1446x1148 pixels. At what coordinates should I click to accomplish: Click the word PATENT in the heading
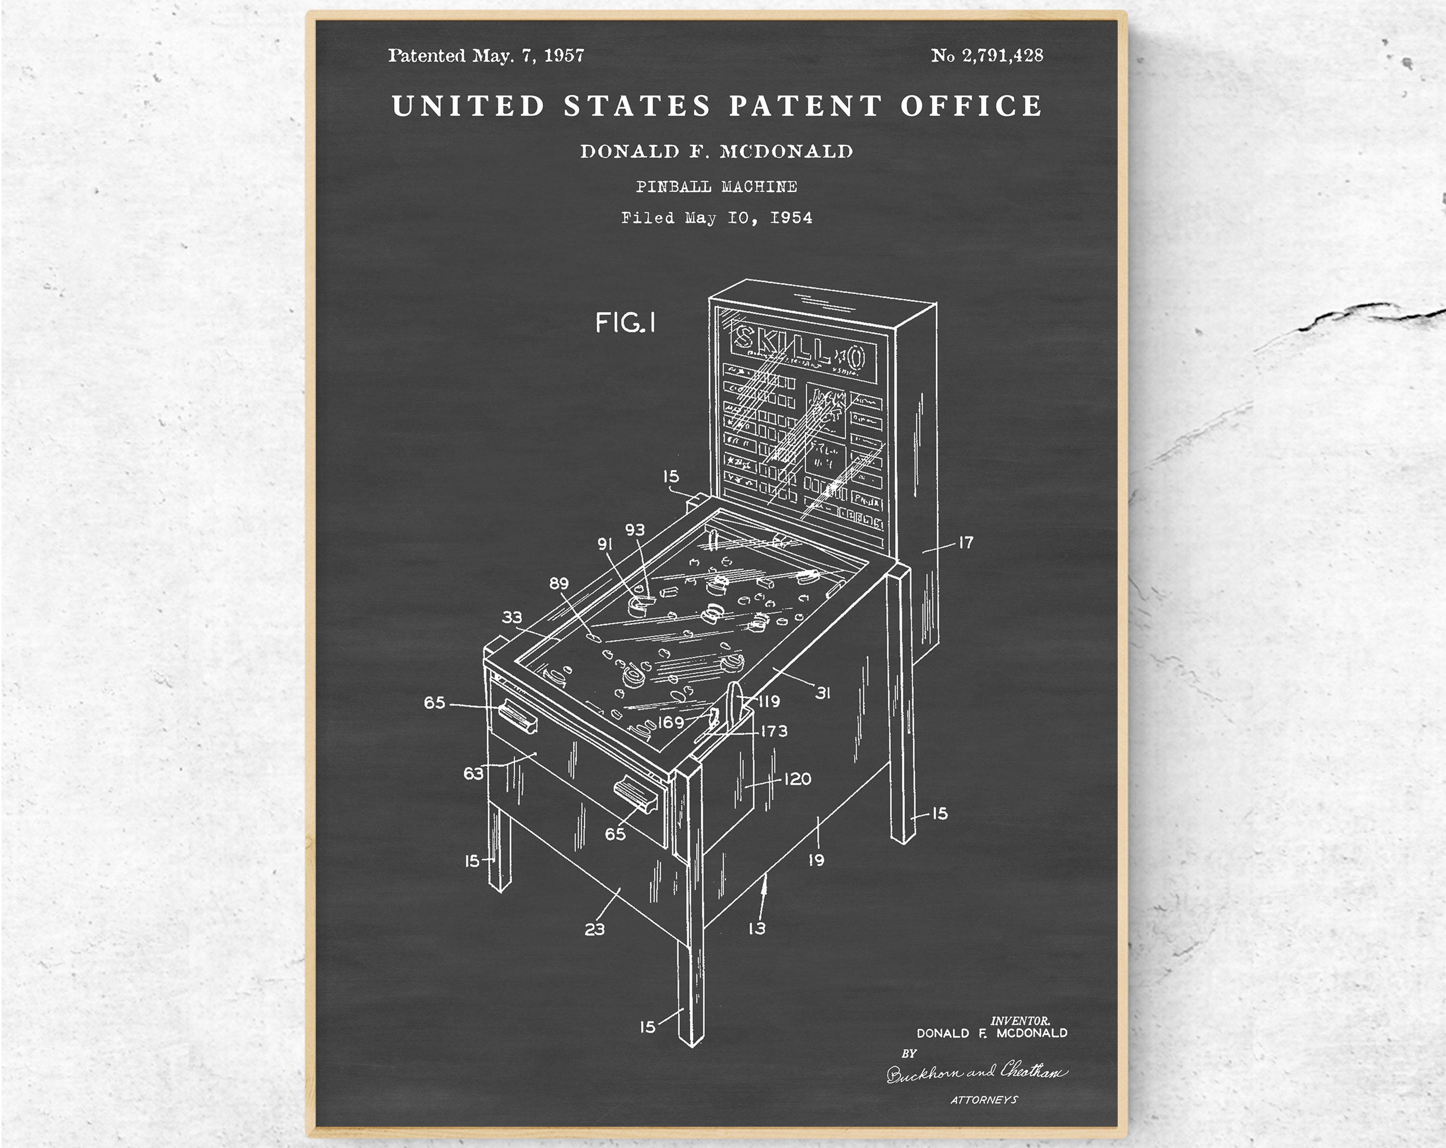point(805,106)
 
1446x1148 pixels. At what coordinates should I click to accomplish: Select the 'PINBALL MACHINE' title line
point(716,187)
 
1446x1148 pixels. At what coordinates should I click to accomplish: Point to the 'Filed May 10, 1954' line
point(716,218)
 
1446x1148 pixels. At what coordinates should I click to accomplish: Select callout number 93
point(634,530)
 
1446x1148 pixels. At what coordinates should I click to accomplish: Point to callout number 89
point(559,583)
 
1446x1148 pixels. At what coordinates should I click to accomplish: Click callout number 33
point(512,617)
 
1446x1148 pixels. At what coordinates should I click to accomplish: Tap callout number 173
point(774,731)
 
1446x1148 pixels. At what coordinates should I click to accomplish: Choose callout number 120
point(797,778)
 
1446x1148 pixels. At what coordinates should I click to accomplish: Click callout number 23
point(594,929)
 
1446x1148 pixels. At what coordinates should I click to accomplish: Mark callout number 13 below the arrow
point(757,928)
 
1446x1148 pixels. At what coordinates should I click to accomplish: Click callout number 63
point(473,773)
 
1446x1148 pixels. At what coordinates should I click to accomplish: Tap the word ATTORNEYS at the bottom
point(984,1100)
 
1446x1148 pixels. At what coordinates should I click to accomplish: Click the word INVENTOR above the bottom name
point(1020,1021)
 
